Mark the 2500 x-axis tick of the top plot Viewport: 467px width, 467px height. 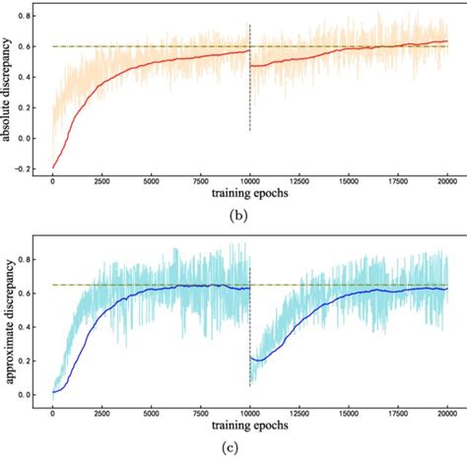pos(101,181)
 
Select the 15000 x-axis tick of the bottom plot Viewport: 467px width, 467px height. pos(348,416)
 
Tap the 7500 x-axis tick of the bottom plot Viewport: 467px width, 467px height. pos(200,416)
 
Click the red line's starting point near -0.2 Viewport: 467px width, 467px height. pos(53,167)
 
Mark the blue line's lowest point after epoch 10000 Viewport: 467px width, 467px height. pos(254,361)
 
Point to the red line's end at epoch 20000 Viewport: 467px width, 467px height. pos(445,41)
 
